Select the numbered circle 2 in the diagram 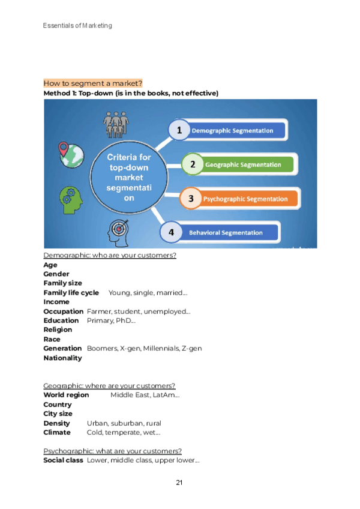193,164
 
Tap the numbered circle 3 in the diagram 191,199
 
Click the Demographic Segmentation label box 237,130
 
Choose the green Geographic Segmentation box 246,164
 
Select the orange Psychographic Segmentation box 249,199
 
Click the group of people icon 116,123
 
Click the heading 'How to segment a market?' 93,83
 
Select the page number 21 179,483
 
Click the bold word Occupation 63,312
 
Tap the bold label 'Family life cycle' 71,293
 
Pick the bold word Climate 57,432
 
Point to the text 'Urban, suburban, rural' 124,423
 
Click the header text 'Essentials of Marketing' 77,26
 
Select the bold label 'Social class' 63,460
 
